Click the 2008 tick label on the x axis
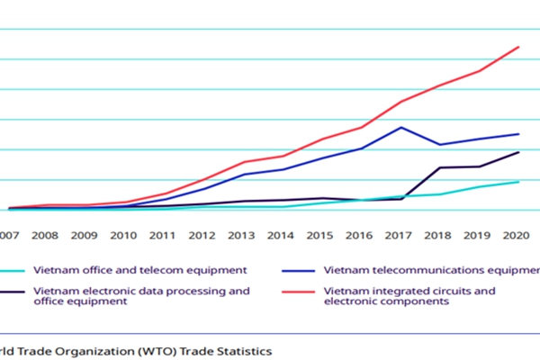[45, 237]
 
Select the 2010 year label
[123, 237]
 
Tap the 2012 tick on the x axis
[202, 237]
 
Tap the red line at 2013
[243, 162]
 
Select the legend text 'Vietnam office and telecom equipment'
[139, 270]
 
